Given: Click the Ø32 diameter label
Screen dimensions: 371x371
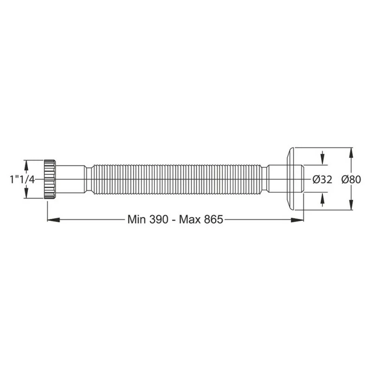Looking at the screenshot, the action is (x=322, y=179).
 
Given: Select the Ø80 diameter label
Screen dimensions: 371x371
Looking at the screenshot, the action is (x=351, y=179).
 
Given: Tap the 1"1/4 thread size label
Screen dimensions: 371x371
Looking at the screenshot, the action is (x=22, y=179).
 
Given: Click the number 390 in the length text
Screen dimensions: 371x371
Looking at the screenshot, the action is (x=159, y=219).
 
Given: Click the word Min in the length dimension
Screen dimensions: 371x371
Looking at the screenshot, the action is (x=136, y=219).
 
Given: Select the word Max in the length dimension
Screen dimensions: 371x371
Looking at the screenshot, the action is (x=189, y=219).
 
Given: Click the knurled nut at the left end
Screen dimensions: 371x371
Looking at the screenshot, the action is (x=50, y=179).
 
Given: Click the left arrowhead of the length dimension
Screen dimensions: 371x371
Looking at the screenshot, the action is (x=53, y=220).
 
